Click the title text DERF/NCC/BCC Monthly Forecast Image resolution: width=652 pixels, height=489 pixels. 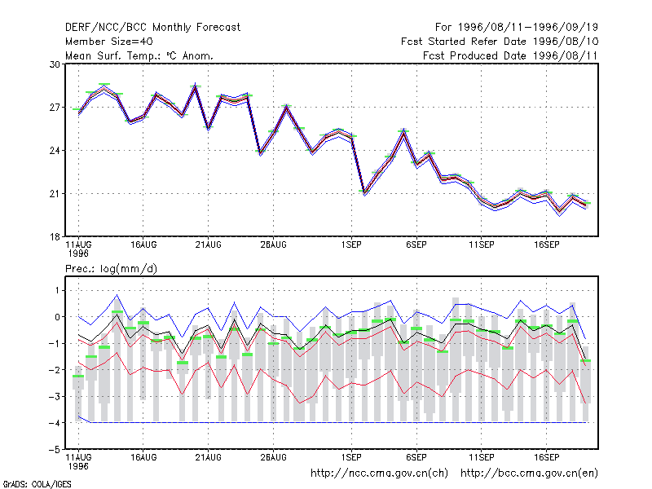coord(152,28)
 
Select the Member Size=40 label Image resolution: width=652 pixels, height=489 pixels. coord(109,42)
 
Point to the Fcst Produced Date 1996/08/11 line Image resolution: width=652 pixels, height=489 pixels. coord(510,55)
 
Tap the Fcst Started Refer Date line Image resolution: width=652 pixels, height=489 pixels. coord(500,42)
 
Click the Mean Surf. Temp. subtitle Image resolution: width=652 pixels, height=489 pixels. coord(139,55)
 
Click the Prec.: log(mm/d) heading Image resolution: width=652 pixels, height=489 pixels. coord(111,269)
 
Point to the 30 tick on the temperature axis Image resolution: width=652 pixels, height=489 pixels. coord(55,64)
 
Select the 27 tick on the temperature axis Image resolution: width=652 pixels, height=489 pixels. coord(55,108)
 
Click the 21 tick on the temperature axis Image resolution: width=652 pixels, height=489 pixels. coord(55,194)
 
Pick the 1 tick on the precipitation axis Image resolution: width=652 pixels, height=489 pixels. coord(57,290)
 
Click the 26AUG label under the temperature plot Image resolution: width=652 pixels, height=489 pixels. coord(273,245)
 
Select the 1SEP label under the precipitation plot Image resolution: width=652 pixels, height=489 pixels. coord(351,457)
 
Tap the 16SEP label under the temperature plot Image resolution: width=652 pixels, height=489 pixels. coord(546,245)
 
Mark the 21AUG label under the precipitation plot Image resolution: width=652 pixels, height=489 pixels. coord(209,457)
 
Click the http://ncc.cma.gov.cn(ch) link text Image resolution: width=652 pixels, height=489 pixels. coord(379,474)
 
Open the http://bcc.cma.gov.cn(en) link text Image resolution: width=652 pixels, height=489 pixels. coord(529,474)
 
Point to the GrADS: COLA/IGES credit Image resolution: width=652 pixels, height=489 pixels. coord(37,484)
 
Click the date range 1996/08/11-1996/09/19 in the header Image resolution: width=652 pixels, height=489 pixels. coord(528,28)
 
